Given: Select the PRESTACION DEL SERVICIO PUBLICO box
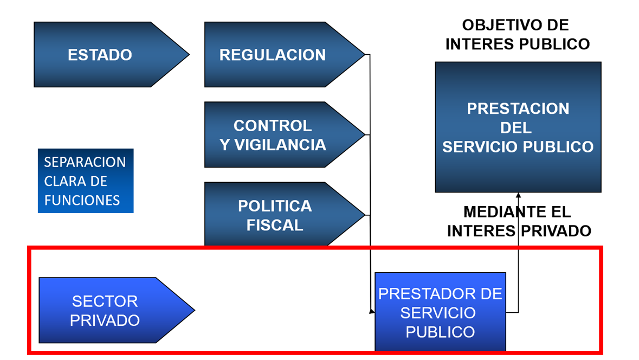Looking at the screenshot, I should tap(518, 127).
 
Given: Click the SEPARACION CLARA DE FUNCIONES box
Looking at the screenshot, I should tap(86, 181).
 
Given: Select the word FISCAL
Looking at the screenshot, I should tap(275, 225).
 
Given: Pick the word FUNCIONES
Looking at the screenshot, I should tap(82, 200).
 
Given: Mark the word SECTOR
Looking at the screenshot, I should tap(105, 301).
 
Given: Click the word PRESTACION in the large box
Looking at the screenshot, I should tap(518, 108).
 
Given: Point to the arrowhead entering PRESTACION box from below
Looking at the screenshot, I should tap(518, 196).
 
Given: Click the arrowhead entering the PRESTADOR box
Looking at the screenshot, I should tap(372, 312).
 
